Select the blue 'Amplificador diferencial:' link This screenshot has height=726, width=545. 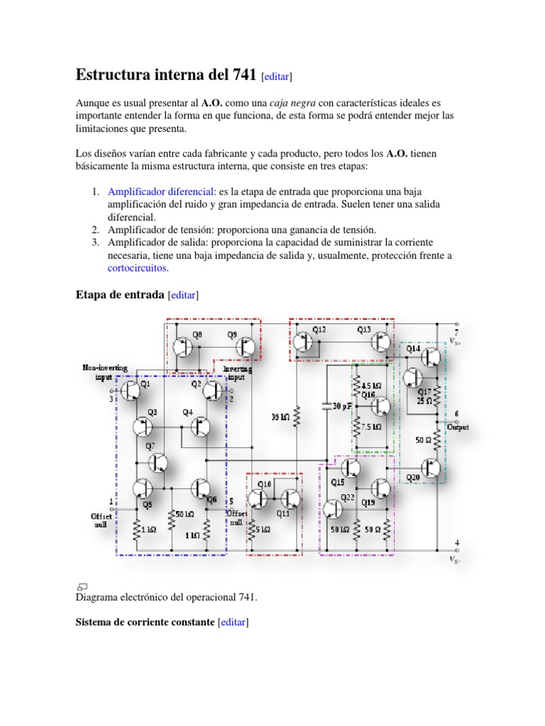(x=162, y=192)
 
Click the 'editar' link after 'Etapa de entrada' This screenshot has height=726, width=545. (x=183, y=295)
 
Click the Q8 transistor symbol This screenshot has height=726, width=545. (x=182, y=347)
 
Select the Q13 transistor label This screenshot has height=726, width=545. (x=364, y=330)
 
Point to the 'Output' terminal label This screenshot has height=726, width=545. (x=458, y=427)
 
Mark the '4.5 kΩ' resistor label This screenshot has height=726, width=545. (x=371, y=385)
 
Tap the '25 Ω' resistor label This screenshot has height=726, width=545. (x=424, y=401)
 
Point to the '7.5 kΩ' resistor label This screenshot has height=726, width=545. (x=370, y=427)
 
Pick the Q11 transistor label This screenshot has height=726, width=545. (x=283, y=513)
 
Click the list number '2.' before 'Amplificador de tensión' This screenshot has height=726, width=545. (x=94, y=230)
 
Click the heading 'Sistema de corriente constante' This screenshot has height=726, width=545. (x=145, y=622)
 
